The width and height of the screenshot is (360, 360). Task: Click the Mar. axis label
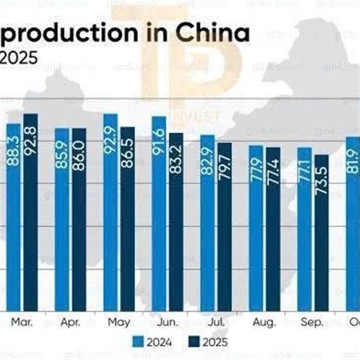point(22,322)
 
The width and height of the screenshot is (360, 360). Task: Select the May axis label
point(119,322)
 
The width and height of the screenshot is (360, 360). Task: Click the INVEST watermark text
point(199,116)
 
